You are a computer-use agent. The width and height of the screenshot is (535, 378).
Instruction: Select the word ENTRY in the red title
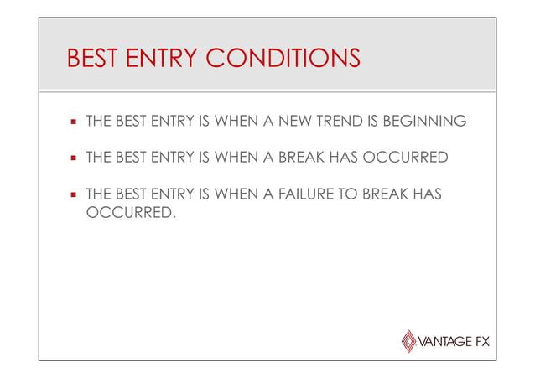159,60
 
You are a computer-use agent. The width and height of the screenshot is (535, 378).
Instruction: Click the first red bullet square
74,122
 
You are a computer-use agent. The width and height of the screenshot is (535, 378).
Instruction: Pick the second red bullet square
74,158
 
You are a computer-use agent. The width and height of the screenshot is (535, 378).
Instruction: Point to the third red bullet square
74,195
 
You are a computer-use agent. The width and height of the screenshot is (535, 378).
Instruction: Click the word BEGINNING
423,122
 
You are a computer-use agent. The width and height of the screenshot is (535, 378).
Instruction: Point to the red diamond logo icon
408,341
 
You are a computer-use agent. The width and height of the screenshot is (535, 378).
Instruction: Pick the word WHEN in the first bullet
236,122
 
